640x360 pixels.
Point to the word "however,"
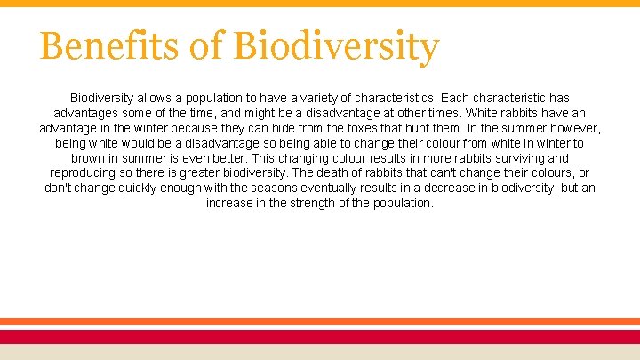[x=575, y=127]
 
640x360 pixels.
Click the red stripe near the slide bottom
[x=320, y=336]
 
